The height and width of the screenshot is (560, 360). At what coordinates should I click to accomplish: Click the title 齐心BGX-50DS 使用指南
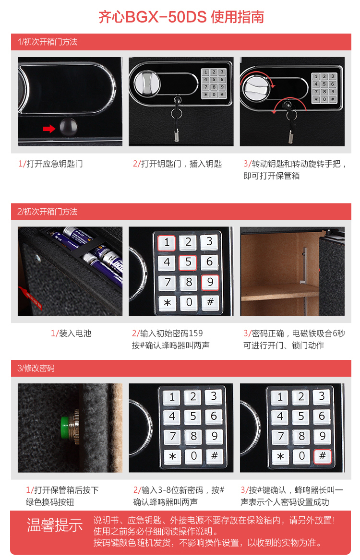point(181,17)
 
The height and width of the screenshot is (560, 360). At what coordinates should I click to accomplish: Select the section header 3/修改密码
point(36,368)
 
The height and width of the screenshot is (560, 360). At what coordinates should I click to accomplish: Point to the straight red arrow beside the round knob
point(49,129)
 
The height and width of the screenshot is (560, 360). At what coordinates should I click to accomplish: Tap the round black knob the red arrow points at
point(68,127)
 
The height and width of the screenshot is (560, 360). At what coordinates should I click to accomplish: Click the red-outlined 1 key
point(167,243)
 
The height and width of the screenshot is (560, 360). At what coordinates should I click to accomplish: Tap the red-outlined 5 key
point(188,262)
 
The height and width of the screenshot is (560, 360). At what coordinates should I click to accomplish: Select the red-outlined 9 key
point(210,282)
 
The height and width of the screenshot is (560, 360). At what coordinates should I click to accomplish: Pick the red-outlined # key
point(322,456)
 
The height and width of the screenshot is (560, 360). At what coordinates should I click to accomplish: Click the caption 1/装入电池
point(71,334)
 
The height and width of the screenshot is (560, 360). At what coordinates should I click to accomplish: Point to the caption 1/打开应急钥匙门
point(50,164)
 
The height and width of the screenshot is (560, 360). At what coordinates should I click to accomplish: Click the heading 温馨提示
point(55,525)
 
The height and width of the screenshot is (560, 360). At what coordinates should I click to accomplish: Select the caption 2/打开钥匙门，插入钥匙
point(177,164)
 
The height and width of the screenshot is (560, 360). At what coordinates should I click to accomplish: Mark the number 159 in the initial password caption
point(195,333)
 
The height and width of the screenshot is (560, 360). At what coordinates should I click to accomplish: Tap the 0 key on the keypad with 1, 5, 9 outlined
point(189,302)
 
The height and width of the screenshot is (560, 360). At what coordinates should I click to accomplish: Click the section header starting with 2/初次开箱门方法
point(47,212)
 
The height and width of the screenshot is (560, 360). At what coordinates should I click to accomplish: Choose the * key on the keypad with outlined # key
point(280,456)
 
